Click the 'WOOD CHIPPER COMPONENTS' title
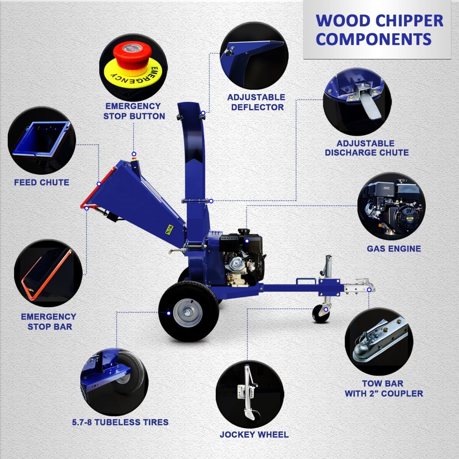click(379, 30)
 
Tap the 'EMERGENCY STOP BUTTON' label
click(134, 111)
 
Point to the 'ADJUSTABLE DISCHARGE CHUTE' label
click(366, 148)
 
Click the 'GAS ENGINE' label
click(394, 249)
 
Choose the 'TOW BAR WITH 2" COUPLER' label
click(384, 388)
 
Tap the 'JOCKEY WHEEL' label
click(254, 435)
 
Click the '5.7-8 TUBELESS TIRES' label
click(120, 422)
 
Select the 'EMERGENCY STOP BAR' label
click(49, 321)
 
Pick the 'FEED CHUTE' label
click(42, 182)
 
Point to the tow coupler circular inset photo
click(379, 341)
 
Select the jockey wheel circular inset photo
click(250, 393)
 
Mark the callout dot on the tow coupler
click(369, 290)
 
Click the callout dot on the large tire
click(169, 313)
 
